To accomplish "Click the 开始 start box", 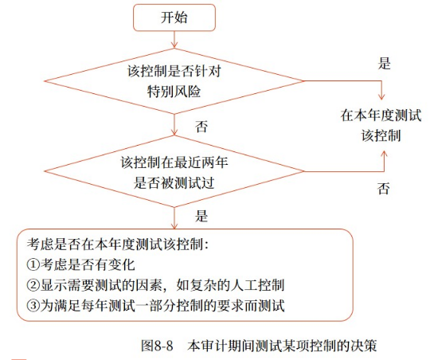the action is click(x=174, y=18).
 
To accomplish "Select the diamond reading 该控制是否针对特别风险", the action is click(x=174, y=81).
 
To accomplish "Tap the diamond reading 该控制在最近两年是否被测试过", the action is click(x=174, y=171).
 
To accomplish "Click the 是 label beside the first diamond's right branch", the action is click(x=384, y=64).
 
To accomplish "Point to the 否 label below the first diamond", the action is click(x=201, y=127).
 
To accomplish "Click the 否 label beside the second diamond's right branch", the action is click(x=383, y=189).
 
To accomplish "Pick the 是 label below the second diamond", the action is click(x=201, y=216).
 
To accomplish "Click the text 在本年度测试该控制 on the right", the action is click(x=381, y=125).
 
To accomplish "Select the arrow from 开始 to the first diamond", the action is click(x=174, y=40).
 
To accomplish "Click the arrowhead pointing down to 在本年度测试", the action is click(x=381, y=96).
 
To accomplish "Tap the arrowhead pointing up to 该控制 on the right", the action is click(x=384, y=155).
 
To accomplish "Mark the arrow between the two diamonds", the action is click(x=174, y=124).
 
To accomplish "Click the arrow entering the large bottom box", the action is click(x=174, y=218).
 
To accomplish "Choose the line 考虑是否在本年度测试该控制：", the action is click(x=118, y=244).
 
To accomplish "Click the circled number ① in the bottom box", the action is click(x=33, y=264).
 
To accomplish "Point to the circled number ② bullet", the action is click(x=33, y=285).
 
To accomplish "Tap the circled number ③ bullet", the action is click(x=33, y=305).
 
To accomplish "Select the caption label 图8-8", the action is click(x=157, y=346).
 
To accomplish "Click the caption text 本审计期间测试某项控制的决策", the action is click(x=282, y=346).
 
